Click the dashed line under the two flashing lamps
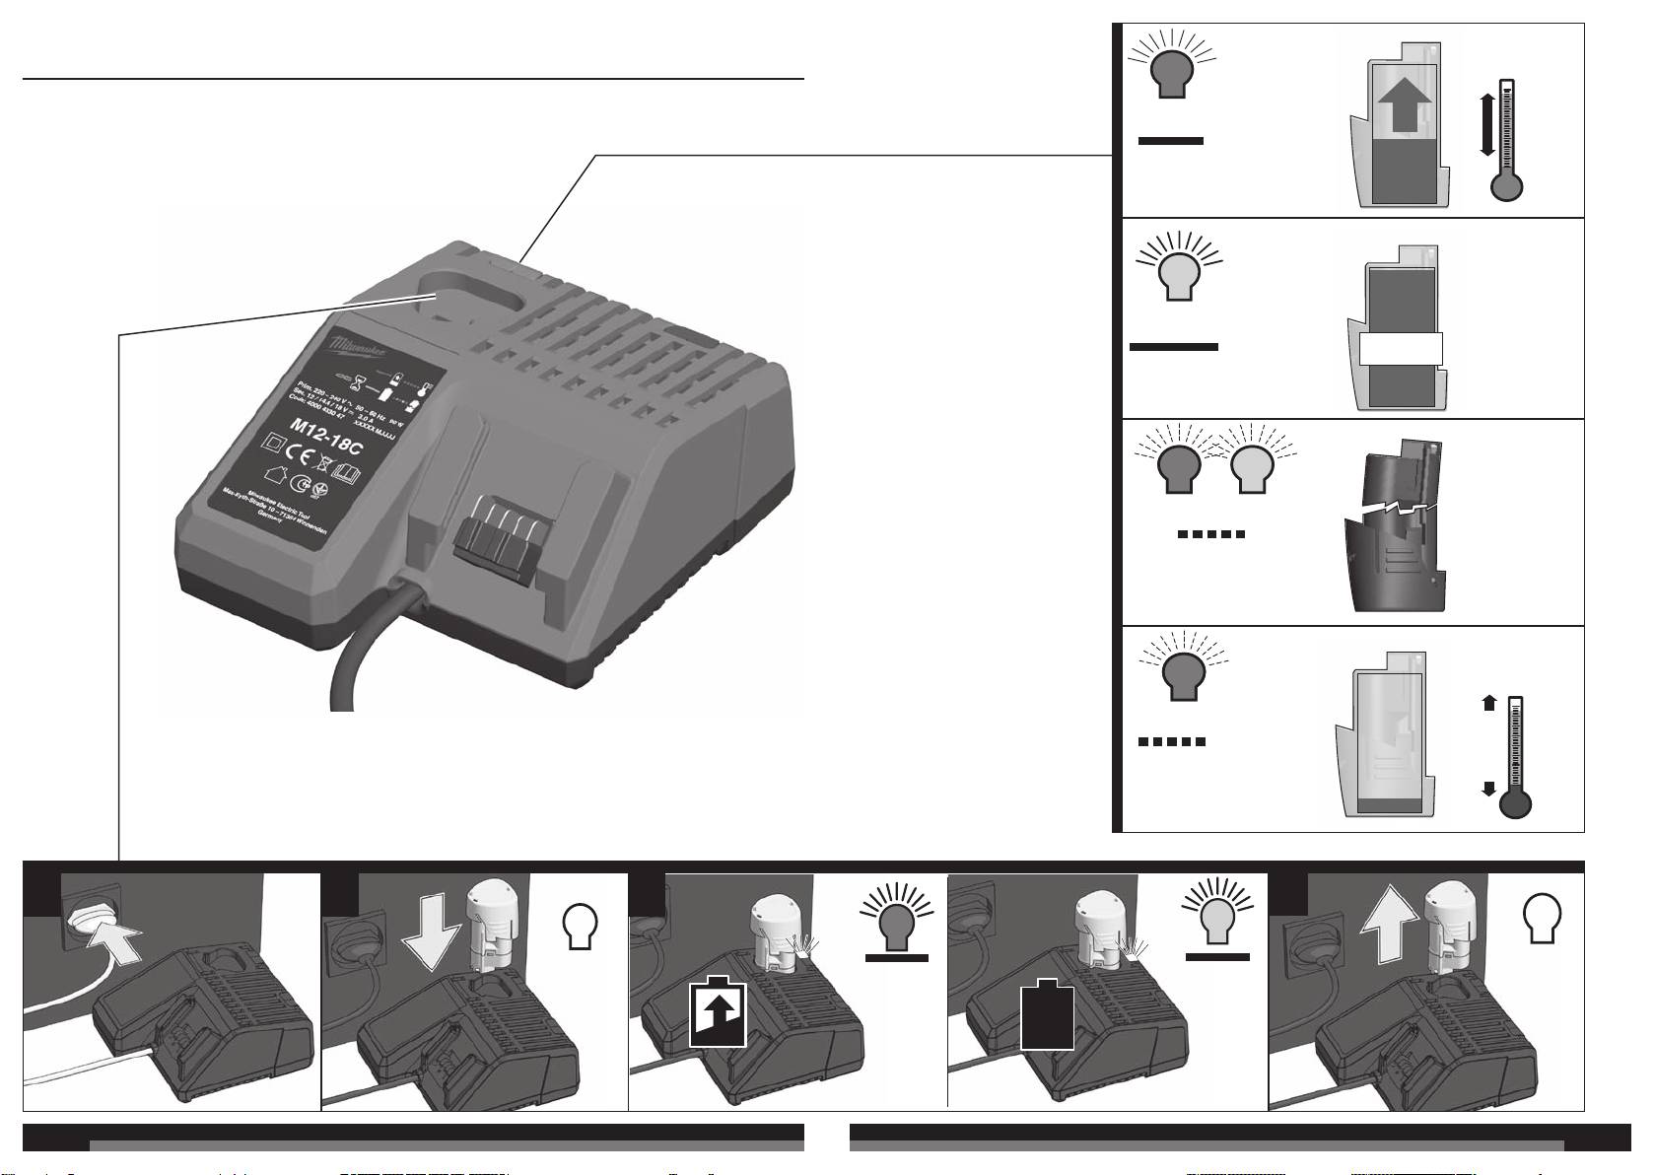pos(1211,534)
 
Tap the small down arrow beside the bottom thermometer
pos(1488,788)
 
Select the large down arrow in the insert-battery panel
pos(430,937)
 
